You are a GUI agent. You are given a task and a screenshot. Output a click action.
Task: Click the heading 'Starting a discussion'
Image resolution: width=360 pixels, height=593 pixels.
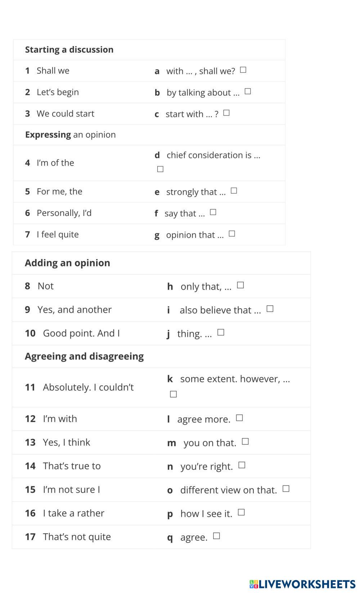pos(69,50)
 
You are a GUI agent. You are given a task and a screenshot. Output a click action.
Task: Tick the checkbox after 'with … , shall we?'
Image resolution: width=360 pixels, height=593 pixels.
pos(243,70)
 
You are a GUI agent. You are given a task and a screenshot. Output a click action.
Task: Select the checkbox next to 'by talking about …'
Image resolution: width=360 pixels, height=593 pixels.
pos(248,91)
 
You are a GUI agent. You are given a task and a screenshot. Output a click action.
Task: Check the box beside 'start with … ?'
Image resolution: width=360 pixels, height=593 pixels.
pos(226,113)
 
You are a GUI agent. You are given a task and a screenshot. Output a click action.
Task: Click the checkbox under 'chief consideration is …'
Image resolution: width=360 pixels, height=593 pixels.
pos(161,169)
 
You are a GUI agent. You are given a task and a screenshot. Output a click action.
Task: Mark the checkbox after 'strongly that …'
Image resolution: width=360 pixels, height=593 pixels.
pos(234,190)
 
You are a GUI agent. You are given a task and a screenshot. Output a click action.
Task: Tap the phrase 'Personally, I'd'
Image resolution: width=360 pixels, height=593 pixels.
pos(64,213)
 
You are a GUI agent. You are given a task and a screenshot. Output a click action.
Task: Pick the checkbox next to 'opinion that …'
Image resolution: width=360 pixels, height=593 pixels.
pos(232,234)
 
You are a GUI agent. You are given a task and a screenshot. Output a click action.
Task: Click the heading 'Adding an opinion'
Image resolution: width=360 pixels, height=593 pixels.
pos(67,263)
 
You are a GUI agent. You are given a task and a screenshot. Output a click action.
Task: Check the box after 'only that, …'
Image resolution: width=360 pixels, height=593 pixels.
pos(240,285)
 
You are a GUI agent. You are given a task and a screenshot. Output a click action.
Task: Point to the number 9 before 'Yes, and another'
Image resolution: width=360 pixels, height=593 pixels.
pos(27,310)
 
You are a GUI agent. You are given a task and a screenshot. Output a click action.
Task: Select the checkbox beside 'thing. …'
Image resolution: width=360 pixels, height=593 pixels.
pos(221,332)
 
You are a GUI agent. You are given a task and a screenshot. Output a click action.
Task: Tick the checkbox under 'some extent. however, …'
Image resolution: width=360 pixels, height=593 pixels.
pos(174,394)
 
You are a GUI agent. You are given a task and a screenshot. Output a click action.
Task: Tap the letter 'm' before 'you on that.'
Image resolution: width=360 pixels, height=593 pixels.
pos(171,443)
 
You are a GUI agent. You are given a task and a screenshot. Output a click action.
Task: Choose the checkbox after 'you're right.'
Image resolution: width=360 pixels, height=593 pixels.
pos(242,465)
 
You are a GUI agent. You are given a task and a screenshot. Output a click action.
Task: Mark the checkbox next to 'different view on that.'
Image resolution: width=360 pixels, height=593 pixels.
pos(286,489)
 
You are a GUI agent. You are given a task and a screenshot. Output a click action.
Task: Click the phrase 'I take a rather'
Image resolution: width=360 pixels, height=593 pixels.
pos(73,513)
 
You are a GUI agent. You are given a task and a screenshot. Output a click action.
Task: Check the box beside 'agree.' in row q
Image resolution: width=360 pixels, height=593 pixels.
pos(216,536)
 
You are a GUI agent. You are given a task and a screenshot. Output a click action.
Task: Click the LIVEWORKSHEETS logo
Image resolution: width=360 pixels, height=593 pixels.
pos(302,584)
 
